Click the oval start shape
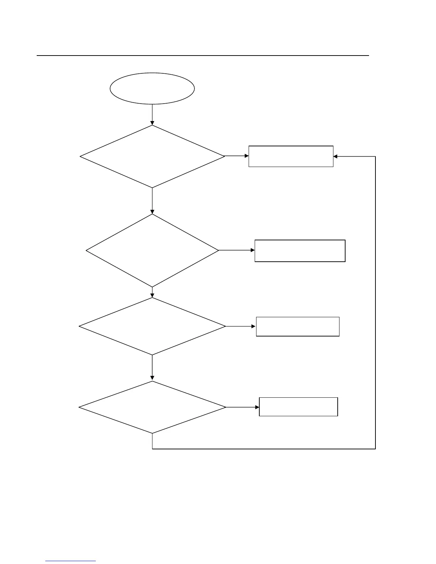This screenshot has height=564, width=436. tap(152, 89)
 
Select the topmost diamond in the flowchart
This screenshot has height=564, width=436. tap(152, 156)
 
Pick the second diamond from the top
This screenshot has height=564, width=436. tap(152, 250)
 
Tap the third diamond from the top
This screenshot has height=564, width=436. tap(152, 326)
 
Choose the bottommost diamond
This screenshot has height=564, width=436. tap(152, 407)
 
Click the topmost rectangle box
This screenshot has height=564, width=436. tap(291, 156)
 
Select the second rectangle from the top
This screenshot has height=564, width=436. tap(300, 251)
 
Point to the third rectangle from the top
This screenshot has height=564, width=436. tap(297, 327)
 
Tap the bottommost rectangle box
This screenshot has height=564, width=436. tap(298, 407)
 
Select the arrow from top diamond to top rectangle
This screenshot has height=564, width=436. tap(236, 156)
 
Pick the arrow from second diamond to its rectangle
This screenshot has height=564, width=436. tap(236, 250)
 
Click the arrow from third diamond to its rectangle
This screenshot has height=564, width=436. tap(240, 326)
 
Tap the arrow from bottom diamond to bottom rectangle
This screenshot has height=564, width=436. tap(242, 407)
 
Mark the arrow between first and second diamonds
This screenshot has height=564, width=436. tap(152, 200)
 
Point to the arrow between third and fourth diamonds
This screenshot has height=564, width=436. tap(152, 367)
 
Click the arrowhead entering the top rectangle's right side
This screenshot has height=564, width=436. tap(336, 156)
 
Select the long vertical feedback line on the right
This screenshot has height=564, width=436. tap(375, 303)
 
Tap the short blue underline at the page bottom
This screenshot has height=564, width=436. tap(71, 561)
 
